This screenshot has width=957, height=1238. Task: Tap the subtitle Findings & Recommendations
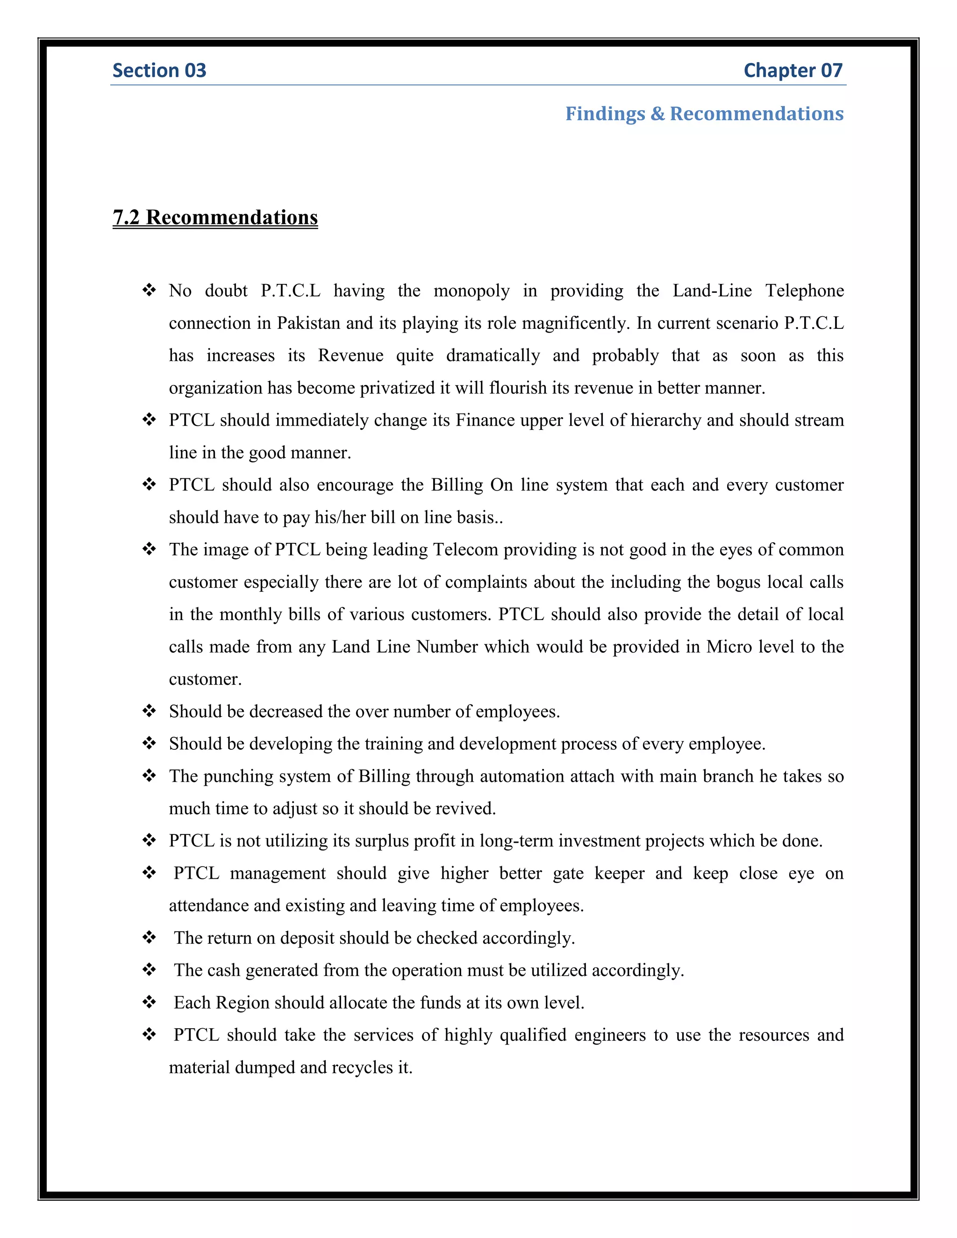704,114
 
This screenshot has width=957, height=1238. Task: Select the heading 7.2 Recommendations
215,218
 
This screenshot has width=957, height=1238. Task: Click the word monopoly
471,291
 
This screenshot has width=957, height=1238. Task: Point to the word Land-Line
712,291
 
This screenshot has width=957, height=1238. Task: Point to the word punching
239,776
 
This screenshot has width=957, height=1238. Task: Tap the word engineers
609,1035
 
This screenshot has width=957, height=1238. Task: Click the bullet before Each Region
149,1002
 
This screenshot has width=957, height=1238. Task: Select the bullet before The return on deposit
149,938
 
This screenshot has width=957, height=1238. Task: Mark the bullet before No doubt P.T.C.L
149,290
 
